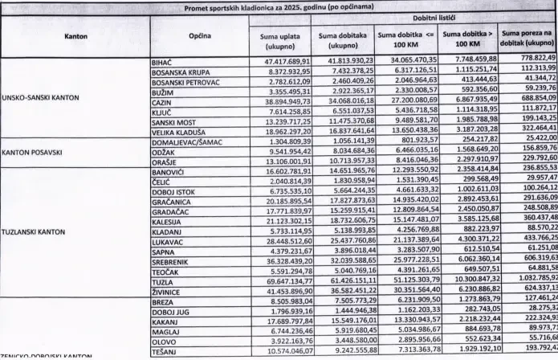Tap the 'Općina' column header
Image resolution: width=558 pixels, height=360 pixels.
200,36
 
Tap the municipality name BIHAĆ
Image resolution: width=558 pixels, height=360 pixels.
163,62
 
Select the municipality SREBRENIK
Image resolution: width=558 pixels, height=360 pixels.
171,262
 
